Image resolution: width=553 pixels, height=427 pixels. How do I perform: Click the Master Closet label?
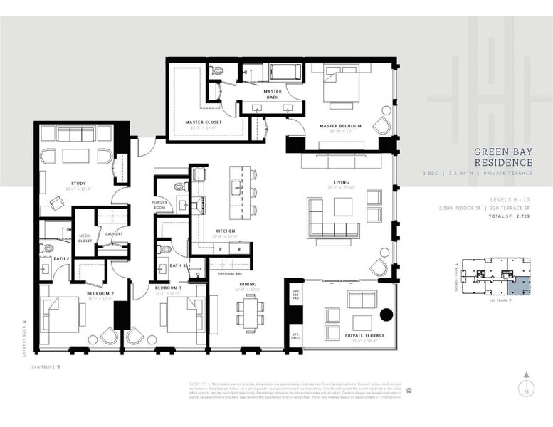coord(204,122)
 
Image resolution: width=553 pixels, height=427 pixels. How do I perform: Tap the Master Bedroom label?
coord(340,126)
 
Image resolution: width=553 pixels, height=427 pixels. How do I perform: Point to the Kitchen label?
coord(225,231)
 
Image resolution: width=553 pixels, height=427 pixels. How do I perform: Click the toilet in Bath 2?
coord(46,248)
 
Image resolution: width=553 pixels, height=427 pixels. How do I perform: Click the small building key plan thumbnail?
coord(496,278)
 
